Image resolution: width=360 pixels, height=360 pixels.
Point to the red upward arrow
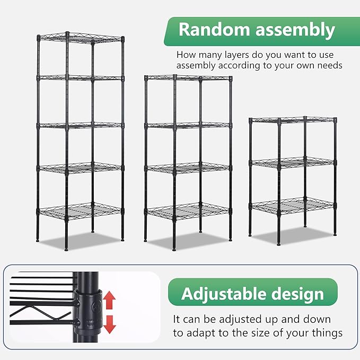(109, 300)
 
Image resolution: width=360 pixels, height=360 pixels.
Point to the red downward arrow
(109, 323)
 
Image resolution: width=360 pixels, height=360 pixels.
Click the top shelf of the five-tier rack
(81, 38)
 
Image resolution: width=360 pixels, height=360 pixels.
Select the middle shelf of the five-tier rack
(81, 126)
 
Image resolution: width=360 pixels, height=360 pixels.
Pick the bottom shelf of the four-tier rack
(188, 211)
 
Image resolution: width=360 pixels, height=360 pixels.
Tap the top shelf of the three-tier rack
(293, 120)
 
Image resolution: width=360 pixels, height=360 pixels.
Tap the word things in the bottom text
(327, 333)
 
